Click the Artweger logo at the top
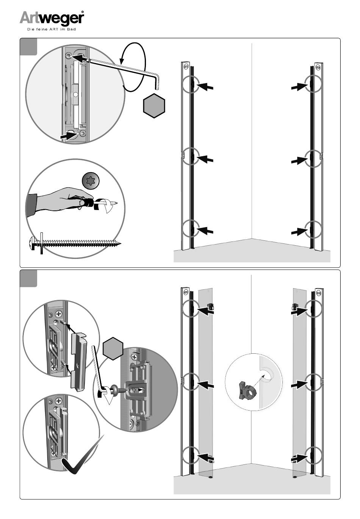(52, 18)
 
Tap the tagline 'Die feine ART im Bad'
(52, 30)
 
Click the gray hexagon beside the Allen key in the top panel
(154, 105)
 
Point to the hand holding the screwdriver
(57, 198)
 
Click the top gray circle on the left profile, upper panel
(191, 84)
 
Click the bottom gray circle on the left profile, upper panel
(191, 229)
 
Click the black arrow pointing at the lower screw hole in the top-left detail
(68, 135)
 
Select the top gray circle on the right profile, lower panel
(313, 308)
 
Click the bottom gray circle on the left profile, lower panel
(191, 455)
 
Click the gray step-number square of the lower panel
(29, 279)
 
